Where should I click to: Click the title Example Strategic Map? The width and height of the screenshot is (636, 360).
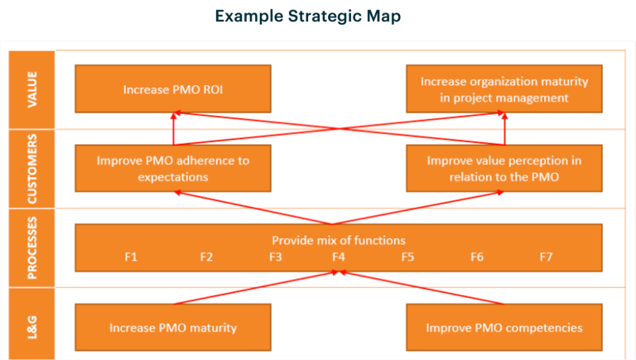pos(308,17)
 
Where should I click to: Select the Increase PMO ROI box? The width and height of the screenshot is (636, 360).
pos(173,89)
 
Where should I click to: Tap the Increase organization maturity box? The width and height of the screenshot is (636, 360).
pos(504,89)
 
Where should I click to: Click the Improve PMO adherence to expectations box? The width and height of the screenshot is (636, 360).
pos(173,168)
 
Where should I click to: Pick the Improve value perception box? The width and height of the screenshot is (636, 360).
pos(504,168)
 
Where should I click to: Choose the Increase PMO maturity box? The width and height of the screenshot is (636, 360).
pos(173,327)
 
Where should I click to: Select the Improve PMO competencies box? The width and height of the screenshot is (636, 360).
pos(504,327)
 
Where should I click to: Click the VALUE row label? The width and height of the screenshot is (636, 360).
pos(32,89)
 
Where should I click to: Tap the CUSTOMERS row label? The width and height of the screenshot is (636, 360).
pos(32,169)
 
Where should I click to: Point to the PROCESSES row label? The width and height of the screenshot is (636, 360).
pos(32,248)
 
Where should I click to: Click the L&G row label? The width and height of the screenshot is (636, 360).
pos(32,327)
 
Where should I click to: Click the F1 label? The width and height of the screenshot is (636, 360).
pos(131,257)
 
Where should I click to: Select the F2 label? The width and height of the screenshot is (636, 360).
pos(206,257)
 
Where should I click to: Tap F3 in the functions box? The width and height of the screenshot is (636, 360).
pos(276,257)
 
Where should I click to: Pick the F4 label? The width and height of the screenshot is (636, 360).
pos(338,257)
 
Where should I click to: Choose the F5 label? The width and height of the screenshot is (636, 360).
pos(407,257)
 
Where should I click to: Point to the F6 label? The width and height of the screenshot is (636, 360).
pos(477,257)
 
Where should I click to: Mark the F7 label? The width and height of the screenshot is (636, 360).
pos(546,257)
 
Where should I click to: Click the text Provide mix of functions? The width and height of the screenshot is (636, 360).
pos(339,240)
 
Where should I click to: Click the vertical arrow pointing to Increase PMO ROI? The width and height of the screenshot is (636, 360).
pos(174,128)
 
